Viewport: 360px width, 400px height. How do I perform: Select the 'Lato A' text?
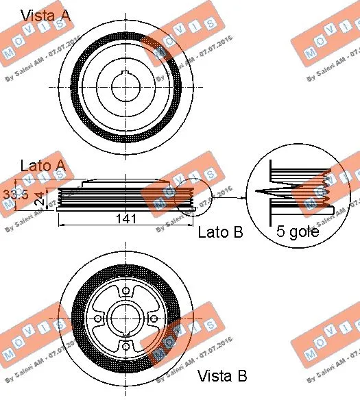(x=43, y=166)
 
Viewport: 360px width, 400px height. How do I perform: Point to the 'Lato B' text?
(x=220, y=232)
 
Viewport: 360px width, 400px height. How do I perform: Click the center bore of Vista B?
(x=127, y=318)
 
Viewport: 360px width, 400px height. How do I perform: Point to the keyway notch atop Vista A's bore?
(x=127, y=71)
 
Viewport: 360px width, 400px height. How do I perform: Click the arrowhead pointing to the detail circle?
(x=244, y=199)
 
